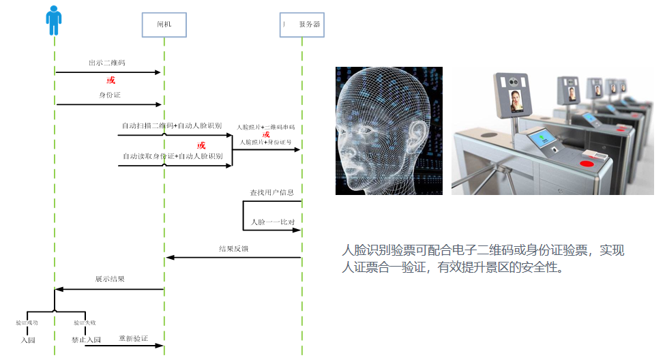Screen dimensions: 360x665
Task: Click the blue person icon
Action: tap(53, 20)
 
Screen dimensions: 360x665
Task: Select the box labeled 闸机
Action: tap(164, 24)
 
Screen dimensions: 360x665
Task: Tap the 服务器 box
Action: tap(302, 24)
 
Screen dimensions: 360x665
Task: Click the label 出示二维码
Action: tap(106, 63)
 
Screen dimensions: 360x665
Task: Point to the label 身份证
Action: tap(109, 95)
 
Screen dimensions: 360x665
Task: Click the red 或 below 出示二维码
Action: tap(110, 80)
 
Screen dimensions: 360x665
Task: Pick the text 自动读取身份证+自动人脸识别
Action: tap(172, 157)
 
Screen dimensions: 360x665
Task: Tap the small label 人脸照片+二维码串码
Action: tap(266, 127)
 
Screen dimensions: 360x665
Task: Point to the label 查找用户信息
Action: tap(271, 193)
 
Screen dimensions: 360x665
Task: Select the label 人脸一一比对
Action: tap(272, 222)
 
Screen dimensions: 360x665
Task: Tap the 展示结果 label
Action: tap(109, 280)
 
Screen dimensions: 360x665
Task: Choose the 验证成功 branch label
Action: tap(27, 322)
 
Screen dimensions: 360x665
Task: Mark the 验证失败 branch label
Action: tap(85, 322)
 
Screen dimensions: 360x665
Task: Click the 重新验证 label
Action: tap(133, 338)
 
